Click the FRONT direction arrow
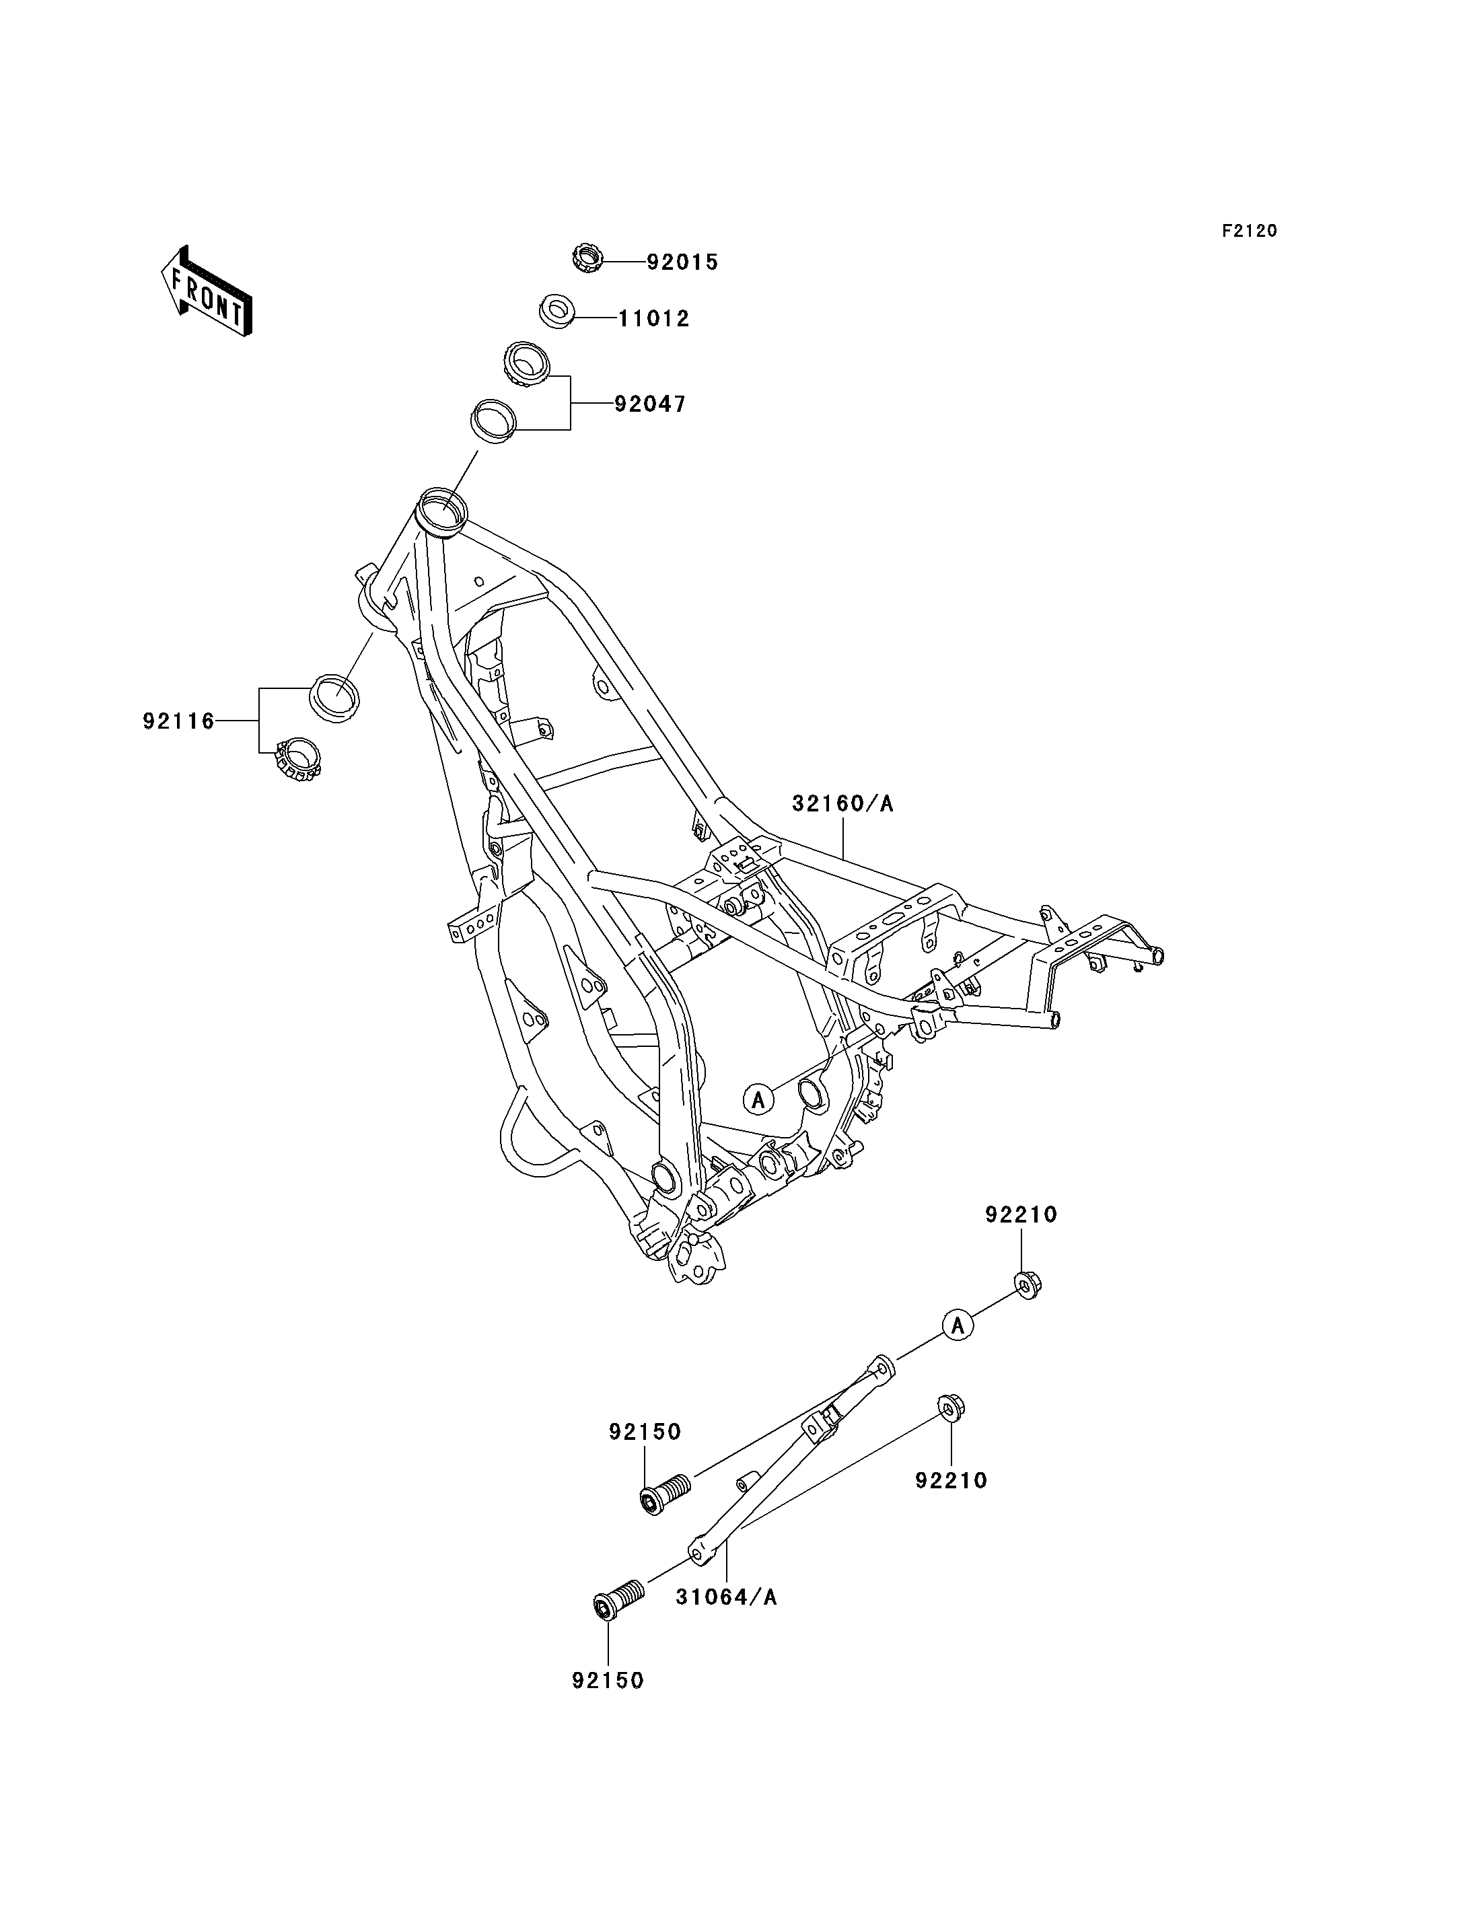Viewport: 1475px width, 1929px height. tap(207, 293)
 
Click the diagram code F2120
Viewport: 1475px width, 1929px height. tap(1250, 231)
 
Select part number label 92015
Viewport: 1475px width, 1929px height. tap(682, 262)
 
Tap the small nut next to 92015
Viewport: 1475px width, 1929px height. tap(587, 259)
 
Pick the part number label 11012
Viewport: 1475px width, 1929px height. tap(653, 319)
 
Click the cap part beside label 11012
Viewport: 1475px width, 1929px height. tap(555, 313)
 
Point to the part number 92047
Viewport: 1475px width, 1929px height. tap(650, 405)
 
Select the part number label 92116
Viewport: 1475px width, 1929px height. tap(178, 722)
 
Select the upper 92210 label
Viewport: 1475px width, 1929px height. tap(1021, 1215)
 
